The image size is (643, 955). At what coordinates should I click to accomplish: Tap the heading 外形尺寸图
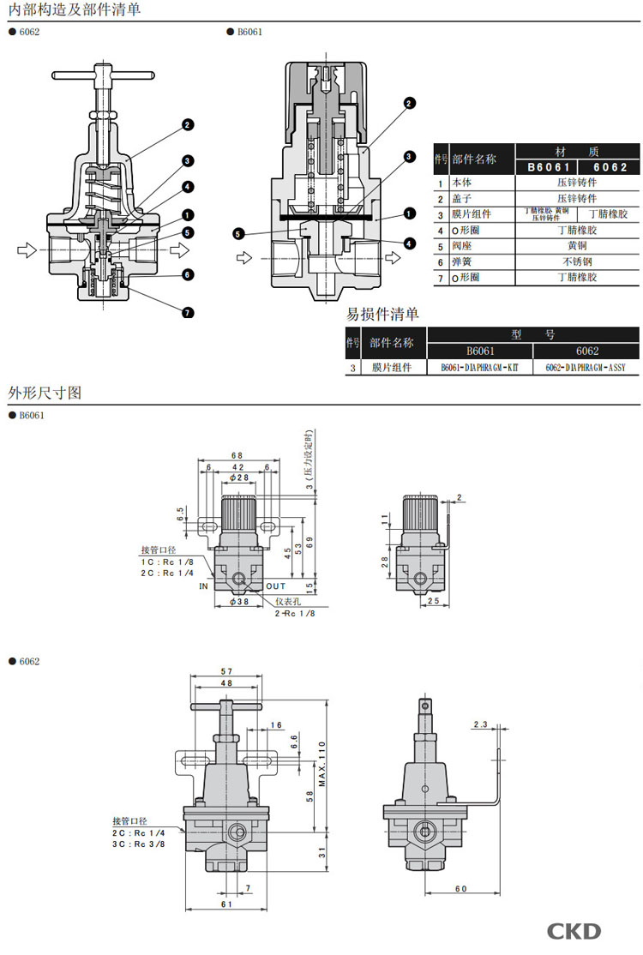tap(44, 393)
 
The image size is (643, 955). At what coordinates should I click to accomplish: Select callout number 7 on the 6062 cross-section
tap(188, 312)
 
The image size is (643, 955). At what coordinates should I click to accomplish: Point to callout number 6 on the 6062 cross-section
tap(188, 274)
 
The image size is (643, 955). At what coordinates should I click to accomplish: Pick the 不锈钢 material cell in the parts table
tap(577, 261)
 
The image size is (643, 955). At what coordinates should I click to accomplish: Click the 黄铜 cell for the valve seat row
tap(577, 246)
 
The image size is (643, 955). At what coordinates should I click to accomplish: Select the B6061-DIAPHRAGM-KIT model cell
tap(479, 368)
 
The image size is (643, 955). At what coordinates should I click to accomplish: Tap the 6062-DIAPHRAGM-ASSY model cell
tap(586, 368)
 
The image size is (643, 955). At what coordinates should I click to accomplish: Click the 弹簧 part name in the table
tap(462, 261)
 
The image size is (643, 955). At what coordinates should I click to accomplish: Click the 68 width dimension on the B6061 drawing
tap(237, 455)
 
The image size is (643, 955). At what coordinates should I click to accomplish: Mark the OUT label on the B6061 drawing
tap(275, 586)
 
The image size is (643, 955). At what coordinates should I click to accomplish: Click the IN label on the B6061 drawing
tap(204, 586)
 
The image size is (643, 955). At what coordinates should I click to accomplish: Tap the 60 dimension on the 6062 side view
tap(460, 889)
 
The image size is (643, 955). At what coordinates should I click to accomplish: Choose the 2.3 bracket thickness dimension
tap(479, 725)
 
